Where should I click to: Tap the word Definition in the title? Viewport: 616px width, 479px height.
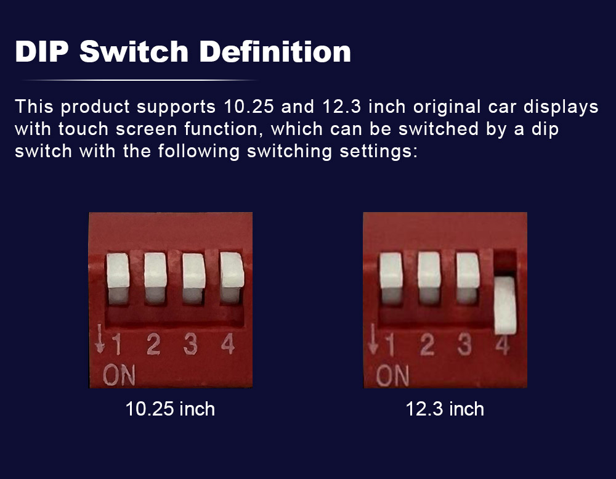pos(275,52)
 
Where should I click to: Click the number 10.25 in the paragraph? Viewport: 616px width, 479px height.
pos(249,107)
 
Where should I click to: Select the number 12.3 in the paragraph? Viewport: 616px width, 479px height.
pos(341,107)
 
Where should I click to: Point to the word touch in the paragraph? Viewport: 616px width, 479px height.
pos(83,129)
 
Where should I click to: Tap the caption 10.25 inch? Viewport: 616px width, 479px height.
pos(170,409)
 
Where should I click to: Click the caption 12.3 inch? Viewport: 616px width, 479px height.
pos(445,409)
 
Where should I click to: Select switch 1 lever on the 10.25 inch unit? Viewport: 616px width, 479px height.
pos(118,279)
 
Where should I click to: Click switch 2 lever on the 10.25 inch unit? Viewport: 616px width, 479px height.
pos(156,279)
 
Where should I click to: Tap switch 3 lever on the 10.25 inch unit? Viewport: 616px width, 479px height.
pos(193,279)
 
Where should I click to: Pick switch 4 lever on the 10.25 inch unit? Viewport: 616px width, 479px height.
pos(232,277)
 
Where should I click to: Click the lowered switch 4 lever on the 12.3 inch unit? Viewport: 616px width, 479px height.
pos(505,306)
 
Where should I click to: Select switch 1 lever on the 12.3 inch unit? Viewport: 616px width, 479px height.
pos(391,279)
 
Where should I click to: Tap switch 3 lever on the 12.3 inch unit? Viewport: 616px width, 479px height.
pos(468,277)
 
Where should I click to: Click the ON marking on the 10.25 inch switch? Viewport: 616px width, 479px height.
pos(119,375)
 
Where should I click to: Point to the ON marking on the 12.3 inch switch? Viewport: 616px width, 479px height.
pos(392,375)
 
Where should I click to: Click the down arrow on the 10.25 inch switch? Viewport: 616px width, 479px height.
pos(100,338)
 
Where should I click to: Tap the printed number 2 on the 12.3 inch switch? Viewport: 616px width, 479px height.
pos(428,345)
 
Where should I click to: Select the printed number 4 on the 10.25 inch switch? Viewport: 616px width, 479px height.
pos(228,344)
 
